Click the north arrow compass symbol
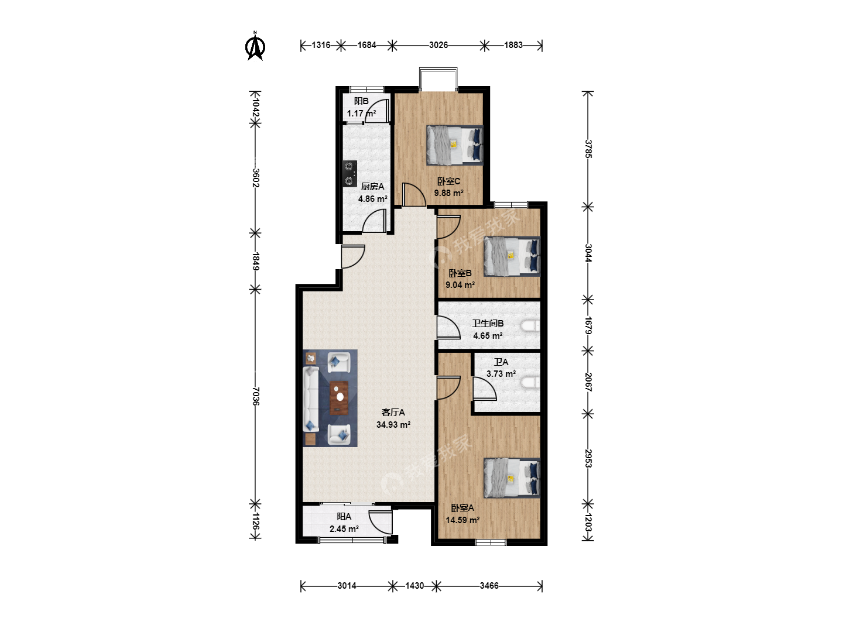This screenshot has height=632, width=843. (x=255, y=46)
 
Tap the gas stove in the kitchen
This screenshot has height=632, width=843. (x=349, y=174)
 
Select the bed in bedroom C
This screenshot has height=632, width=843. (x=454, y=145)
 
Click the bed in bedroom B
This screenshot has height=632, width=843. (x=512, y=256)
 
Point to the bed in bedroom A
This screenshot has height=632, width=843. (x=512, y=478)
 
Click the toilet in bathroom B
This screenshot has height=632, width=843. (x=530, y=326)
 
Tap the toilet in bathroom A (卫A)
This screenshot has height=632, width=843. (x=530, y=382)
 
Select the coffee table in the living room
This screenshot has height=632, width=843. (x=339, y=398)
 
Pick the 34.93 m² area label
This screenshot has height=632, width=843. (x=393, y=424)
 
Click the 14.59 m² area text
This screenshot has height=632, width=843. (x=462, y=520)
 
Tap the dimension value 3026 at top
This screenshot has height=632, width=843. (x=438, y=45)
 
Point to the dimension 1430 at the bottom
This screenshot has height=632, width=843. (x=414, y=586)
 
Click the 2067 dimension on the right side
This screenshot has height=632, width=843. (x=588, y=382)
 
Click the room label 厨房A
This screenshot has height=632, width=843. (x=372, y=187)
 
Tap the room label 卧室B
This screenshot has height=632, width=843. (x=460, y=273)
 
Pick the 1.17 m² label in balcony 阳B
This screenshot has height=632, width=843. (x=361, y=114)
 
